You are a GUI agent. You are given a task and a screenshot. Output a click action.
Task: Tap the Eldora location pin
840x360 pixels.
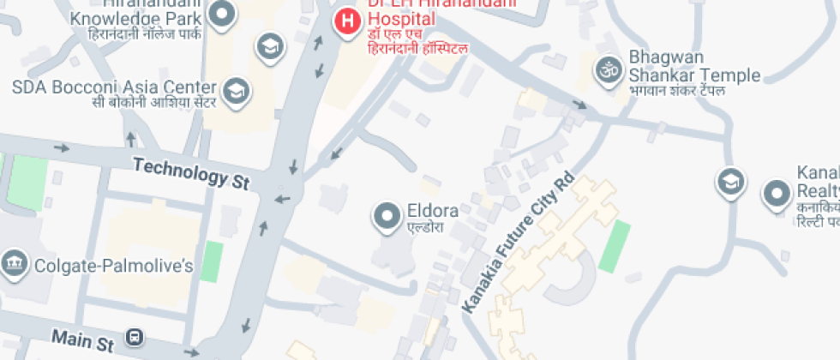pyautogui.click(x=387, y=215)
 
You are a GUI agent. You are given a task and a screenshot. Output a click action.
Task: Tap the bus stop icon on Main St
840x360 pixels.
pyautogui.click(x=135, y=337)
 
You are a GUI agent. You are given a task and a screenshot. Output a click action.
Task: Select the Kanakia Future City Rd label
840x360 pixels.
pyautogui.click(x=517, y=243)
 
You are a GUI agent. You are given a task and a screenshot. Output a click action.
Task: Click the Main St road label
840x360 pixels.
pyautogui.click(x=82, y=339)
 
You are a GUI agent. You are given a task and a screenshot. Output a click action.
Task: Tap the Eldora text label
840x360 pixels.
pyautogui.click(x=432, y=210)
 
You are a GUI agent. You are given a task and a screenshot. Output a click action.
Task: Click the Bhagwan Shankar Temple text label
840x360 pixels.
pyautogui.click(x=694, y=67)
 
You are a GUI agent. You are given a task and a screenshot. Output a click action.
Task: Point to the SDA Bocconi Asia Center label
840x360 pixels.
pyautogui.click(x=113, y=87)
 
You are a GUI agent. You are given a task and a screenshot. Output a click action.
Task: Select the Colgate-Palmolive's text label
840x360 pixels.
pyautogui.click(x=113, y=266)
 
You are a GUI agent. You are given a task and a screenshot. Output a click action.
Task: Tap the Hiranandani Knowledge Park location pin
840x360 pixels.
pyautogui.click(x=223, y=14)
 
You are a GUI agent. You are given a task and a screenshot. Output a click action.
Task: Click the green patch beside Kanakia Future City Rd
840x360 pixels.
pyautogui.click(x=615, y=246)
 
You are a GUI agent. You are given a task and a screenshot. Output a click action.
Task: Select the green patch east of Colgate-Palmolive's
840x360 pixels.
pyautogui.click(x=212, y=261)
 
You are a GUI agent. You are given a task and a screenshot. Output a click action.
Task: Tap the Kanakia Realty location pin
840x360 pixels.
pyautogui.click(x=777, y=194)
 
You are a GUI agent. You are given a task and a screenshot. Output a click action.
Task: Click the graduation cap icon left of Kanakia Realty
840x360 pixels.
pyautogui.click(x=730, y=182)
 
